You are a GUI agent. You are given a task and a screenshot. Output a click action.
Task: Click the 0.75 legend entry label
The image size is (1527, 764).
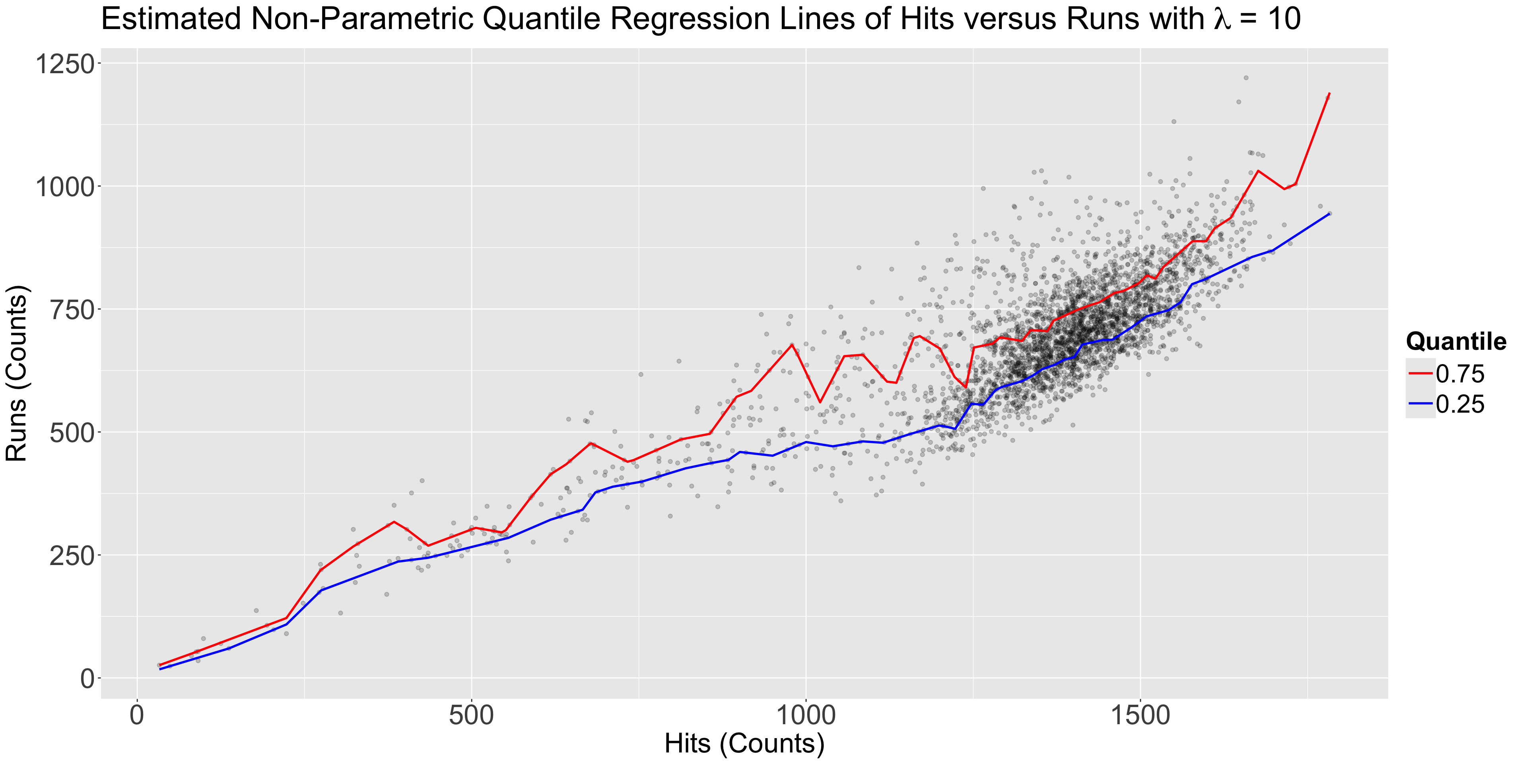1460,374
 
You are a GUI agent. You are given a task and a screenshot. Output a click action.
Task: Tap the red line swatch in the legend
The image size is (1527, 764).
1420,374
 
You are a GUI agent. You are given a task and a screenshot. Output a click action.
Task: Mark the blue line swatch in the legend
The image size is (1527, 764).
1420,404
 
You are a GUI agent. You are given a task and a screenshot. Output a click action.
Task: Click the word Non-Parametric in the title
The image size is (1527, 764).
362,19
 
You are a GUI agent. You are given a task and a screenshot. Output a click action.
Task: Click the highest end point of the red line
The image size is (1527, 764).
1330,93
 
